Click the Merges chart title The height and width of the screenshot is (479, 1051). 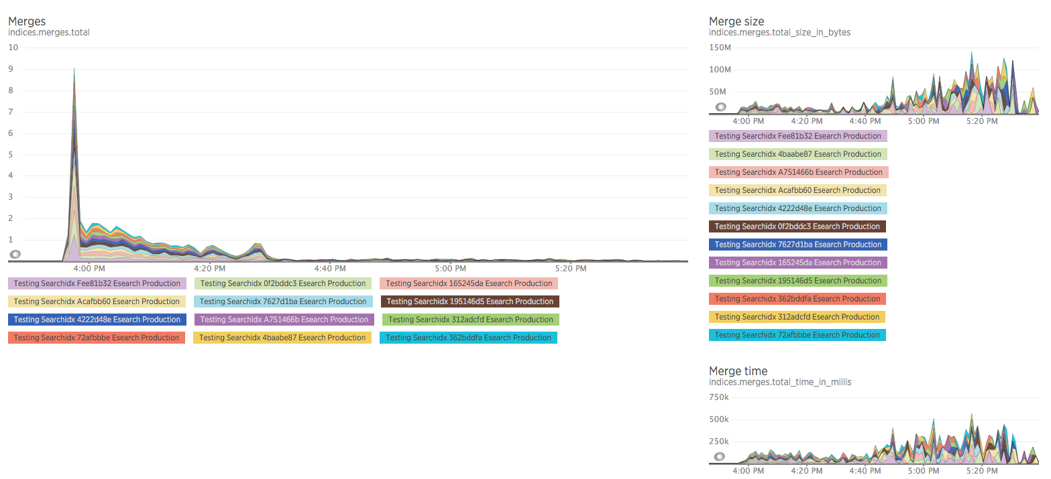pos(27,21)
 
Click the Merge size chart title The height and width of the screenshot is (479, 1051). pos(736,21)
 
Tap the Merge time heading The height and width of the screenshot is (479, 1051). pos(738,371)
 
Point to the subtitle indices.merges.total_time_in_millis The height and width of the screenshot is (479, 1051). pos(780,382)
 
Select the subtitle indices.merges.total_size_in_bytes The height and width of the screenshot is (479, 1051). pos(779,32)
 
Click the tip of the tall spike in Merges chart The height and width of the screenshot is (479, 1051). pos(74,68)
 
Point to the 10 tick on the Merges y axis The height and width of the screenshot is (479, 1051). pos(13,48)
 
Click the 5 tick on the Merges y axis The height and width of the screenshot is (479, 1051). pos(11,154)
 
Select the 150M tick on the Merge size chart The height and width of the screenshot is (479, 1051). pos(720,48)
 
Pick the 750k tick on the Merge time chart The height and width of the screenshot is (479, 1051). pos(719,397)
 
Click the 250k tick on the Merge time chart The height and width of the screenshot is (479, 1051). pos(719,441)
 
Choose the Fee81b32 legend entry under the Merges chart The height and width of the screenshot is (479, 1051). pos(97,283)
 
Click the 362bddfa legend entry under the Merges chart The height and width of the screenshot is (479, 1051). pos(468,338)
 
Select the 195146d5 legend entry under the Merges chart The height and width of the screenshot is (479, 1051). pos(469,301)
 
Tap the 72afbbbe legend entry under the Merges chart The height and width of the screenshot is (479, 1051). pos(97,338)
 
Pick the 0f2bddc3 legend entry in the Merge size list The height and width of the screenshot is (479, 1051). pos(797,226)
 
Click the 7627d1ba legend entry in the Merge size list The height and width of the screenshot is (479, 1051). pos(797,245)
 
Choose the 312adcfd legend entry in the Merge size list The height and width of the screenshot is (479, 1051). pos(797,317)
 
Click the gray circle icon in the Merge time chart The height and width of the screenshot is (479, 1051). pos(719,457)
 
